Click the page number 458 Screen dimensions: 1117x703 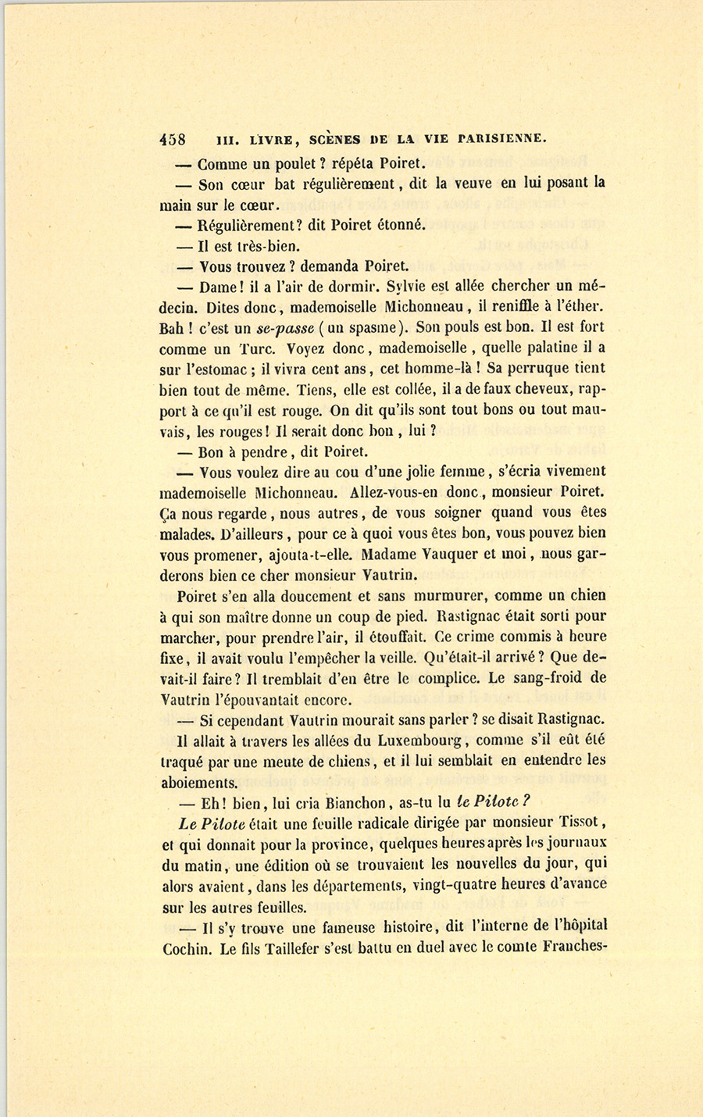pyautogui.click(x=173, y=140)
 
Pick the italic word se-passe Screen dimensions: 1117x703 pyautogui.click(x=284, y=327)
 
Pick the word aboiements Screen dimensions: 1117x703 pyautogui.click(x=198, y=782)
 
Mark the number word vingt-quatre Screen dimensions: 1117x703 pyautogui.click(x=463, y=885)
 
